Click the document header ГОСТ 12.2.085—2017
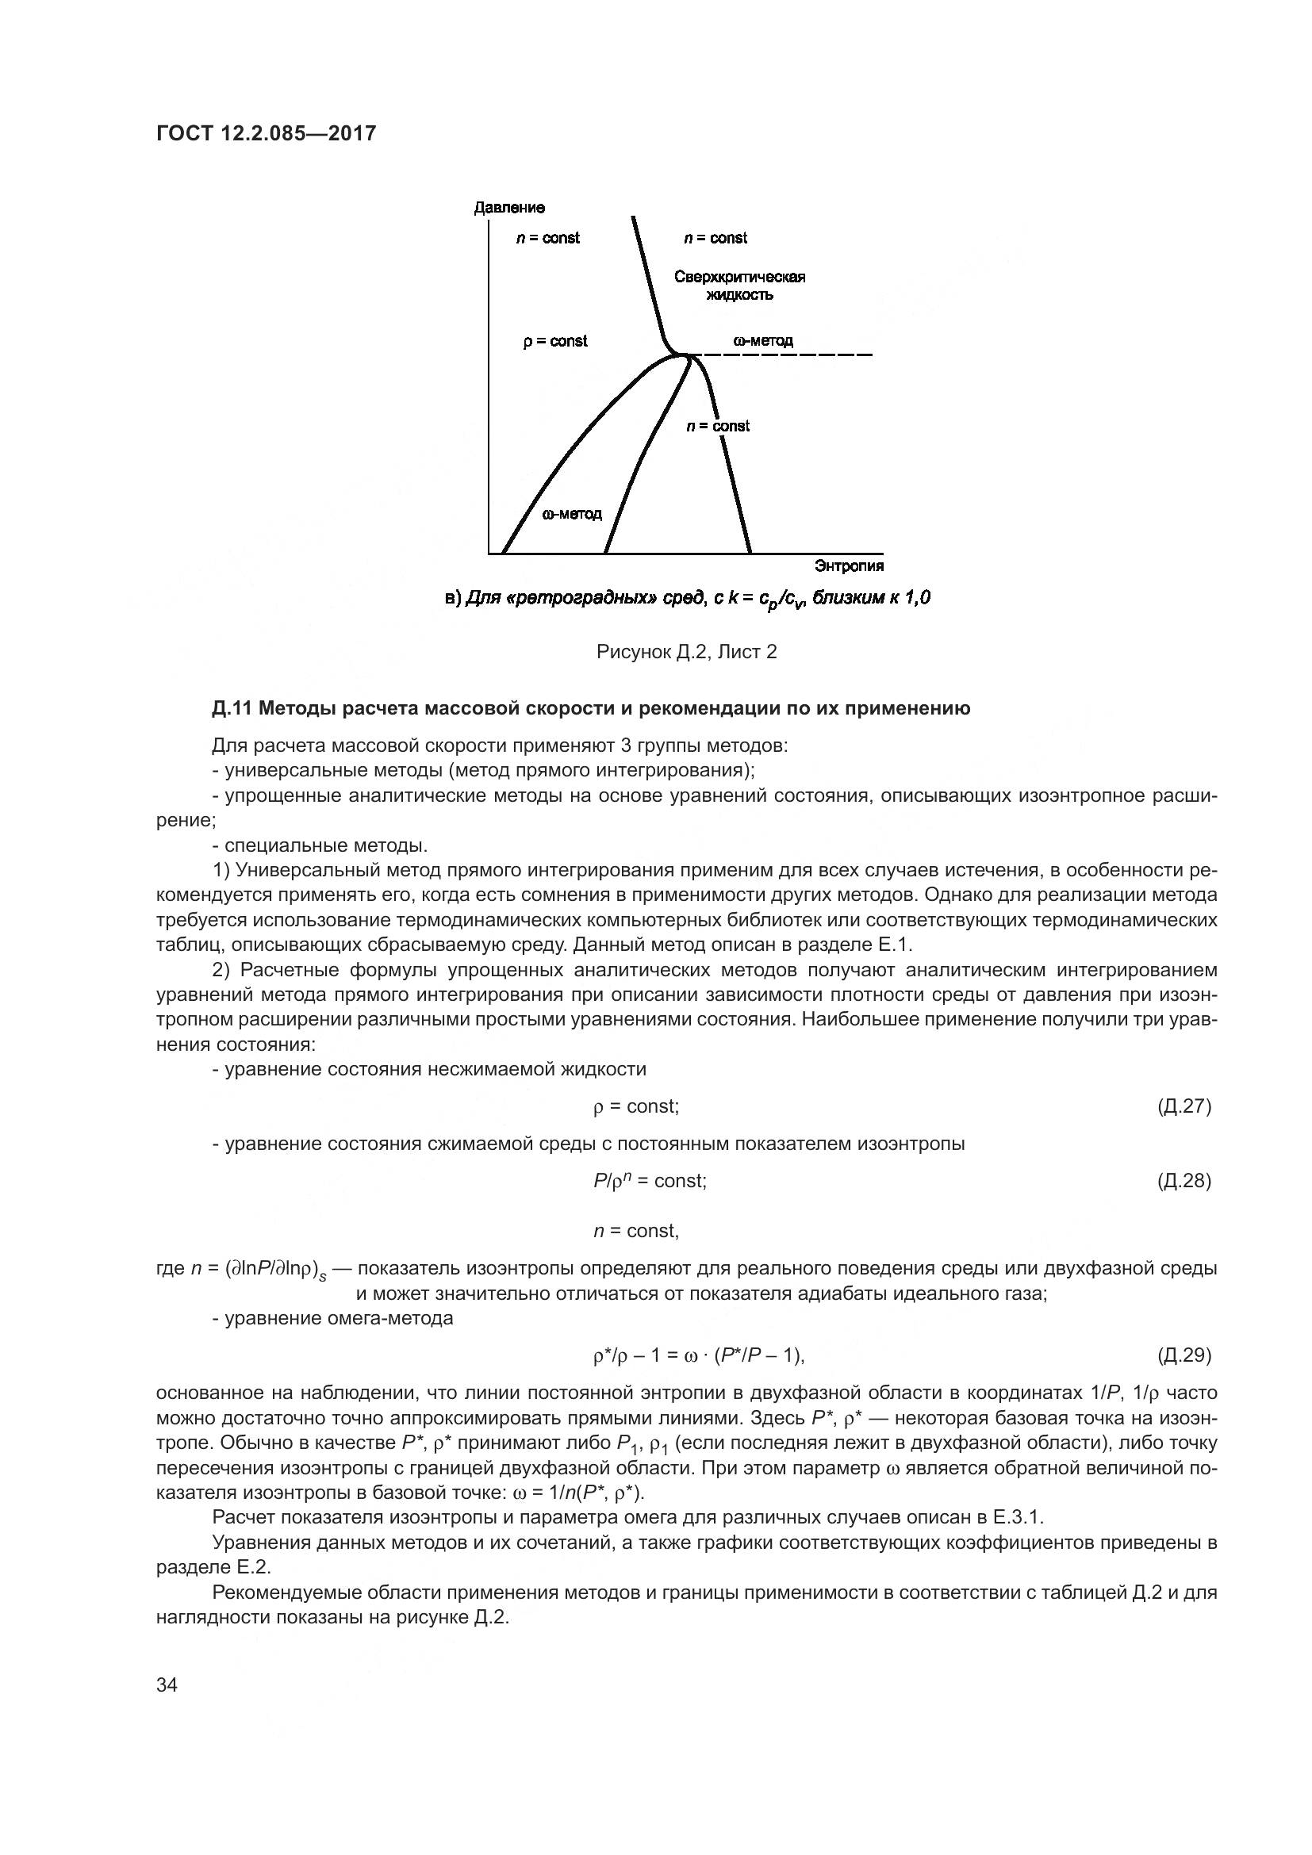266,133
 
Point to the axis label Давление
509,208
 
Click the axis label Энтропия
849,565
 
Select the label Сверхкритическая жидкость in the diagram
739,286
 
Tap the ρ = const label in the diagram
555,341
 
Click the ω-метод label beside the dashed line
762,340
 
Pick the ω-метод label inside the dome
571,514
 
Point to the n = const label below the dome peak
717,426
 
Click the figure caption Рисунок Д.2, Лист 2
686,652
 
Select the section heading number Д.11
232,708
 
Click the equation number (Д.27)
1183,1106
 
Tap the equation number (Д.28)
1183,1180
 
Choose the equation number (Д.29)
1183,1355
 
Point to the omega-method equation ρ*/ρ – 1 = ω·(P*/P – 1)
699,1355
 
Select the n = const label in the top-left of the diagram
548,238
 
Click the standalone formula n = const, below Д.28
636,1231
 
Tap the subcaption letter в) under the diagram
452,599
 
